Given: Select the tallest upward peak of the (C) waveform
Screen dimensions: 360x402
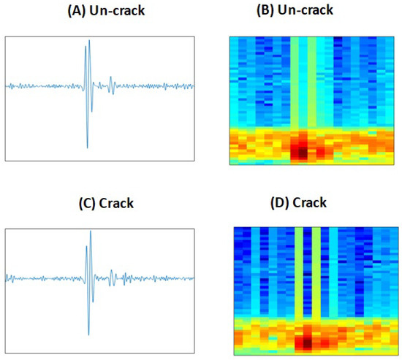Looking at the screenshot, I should [x=91, y=231].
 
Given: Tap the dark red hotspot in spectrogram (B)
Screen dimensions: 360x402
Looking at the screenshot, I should [x=299, y=151].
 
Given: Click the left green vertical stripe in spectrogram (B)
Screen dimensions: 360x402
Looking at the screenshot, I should [x=295, y=80].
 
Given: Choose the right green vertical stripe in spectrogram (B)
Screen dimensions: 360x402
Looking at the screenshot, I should [x=312, y=80].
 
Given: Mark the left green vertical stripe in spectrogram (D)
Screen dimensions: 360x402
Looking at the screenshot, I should [x=299, y=270].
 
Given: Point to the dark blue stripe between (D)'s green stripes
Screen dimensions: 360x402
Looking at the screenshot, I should [x=308, y=270].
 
